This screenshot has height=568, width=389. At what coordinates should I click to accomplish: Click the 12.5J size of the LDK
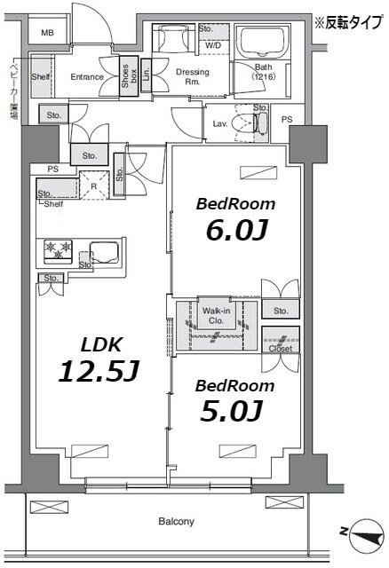coord(98,371)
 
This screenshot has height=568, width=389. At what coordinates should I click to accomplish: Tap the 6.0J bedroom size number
coord(236,230)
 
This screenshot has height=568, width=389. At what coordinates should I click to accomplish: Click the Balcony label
coord(176,521)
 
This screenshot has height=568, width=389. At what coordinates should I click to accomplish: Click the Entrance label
coord(87,76)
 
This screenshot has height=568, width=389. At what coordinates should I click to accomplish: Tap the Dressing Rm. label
coord(193,76)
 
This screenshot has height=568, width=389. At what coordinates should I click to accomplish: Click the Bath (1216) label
coord(264,73)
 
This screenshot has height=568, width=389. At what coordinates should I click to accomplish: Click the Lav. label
coord(218,123)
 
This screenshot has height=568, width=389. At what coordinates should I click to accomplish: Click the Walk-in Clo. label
coord(216,316)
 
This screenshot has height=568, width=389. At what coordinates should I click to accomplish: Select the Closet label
coord(281,349)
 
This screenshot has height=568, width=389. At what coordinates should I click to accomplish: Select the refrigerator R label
coord(91,187)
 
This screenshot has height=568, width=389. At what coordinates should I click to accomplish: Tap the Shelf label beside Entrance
coord(40,77)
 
